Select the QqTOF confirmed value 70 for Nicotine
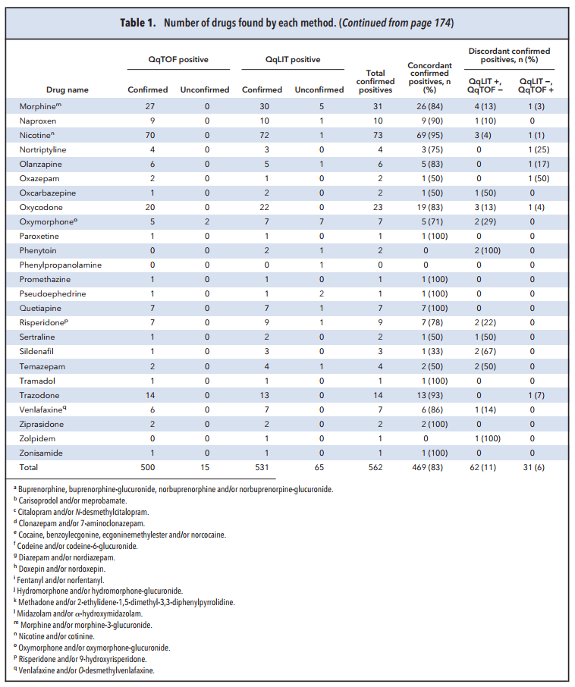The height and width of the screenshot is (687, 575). tap(150, 136)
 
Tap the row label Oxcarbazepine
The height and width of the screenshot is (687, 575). tap(47, 193)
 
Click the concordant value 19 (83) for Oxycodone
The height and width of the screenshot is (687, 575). tap(429, 207)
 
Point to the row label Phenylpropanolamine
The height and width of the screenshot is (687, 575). tap(61, 265)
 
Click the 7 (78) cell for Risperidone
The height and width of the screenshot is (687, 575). tap(432, 322)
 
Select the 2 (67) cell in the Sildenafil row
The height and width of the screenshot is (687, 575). tap(485, 351)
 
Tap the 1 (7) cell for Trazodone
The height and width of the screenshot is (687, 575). tap(536, 395)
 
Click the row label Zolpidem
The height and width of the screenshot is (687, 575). tap(37, 438)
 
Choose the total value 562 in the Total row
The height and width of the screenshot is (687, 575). tap(375, 468)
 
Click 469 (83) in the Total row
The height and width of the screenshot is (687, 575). tap(427, 468)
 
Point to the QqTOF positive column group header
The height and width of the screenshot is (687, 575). tap(178, 60)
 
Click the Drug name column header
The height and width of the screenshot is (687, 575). tap(67, 89)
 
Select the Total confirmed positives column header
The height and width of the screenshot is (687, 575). tap(375, 81)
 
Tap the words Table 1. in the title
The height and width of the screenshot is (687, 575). tap(138, 23)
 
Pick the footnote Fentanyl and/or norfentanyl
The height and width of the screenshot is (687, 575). tap(58, 580)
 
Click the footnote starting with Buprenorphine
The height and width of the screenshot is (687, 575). tap(173, 489)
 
